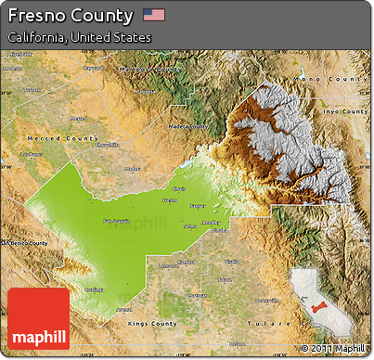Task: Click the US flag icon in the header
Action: point(154,15)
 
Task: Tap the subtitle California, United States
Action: point(78,38)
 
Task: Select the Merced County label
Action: point(62,138)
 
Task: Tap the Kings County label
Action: point(151,324)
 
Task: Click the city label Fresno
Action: point(170,200)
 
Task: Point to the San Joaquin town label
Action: point(116,221)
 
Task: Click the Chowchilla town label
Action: point(108,145)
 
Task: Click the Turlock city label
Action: point(32,90)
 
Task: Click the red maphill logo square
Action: point(38,319)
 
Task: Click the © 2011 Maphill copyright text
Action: point(333,349)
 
